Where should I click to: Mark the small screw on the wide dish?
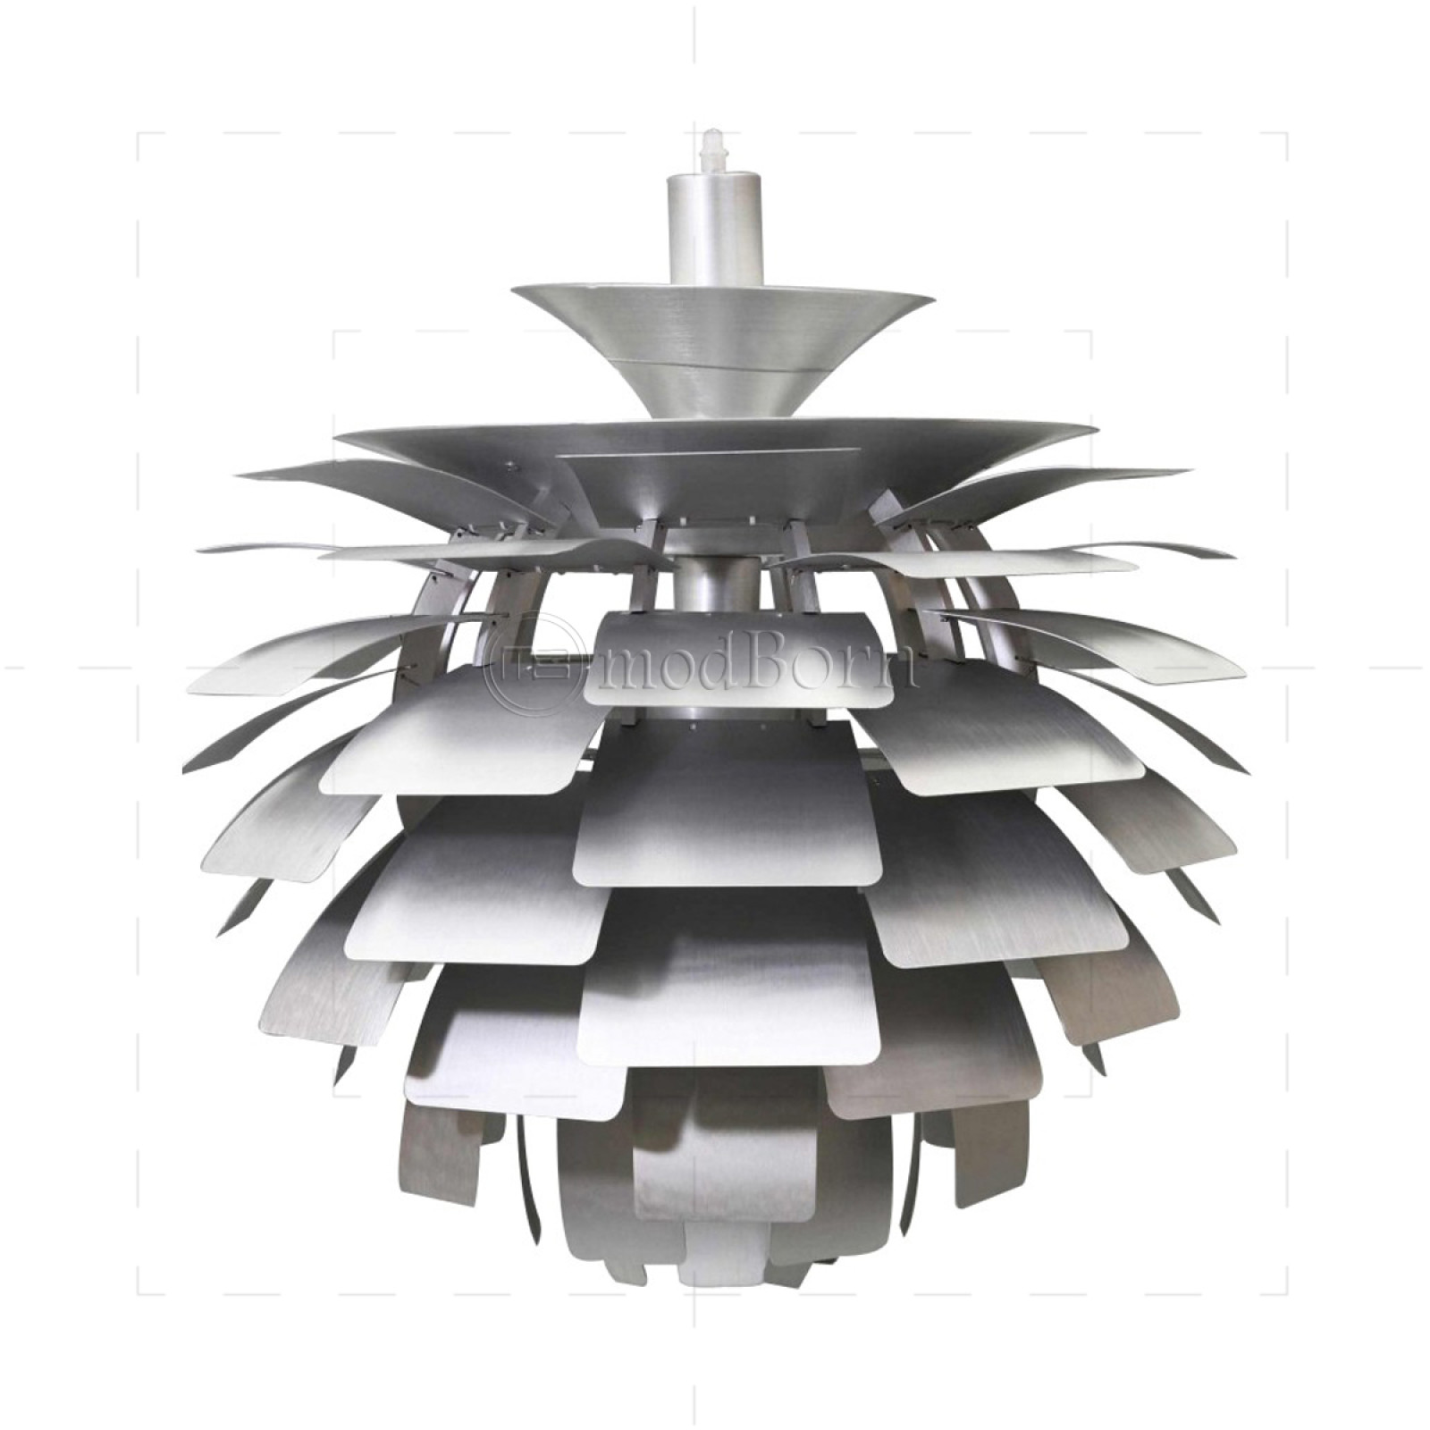coord(509,465)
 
